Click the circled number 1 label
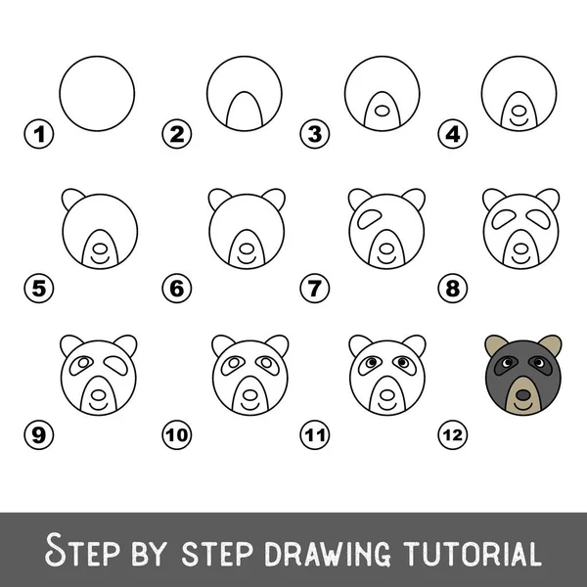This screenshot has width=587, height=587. coord(39,134)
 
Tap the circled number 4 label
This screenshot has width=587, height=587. coord(453,134)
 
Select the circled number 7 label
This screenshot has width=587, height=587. coord(315,289)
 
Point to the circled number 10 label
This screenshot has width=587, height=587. coord(177,435)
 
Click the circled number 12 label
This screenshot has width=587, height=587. coord(453,435)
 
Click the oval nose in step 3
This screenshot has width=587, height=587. coord(382,111)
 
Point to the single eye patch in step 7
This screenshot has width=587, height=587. coord(369,218)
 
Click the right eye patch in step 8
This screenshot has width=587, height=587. coord(538,218)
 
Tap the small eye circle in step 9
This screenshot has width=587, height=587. coord(83,362)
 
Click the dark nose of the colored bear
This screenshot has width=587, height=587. coord(523,395)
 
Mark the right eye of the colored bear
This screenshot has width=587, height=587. coord(538,362)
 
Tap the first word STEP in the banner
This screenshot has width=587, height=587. coord(82,550)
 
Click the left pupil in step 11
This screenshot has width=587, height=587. coord(372,362)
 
